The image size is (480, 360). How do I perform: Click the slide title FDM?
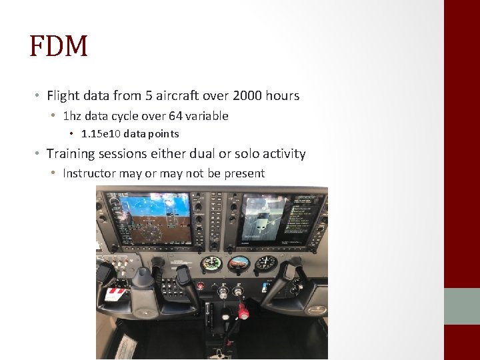[59, 46]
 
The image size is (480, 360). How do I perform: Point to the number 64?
[176, 116]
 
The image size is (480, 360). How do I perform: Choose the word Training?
[71, 154]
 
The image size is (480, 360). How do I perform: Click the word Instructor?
[89, 173]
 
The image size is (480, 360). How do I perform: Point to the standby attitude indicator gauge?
[239, 263]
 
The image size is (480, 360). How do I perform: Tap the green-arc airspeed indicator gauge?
[211, 263]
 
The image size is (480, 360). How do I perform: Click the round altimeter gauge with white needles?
[266, 263]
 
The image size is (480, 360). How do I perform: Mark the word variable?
[207, 116]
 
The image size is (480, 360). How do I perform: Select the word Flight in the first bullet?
[63, 96]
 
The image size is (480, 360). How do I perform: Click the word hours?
[283, 96]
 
